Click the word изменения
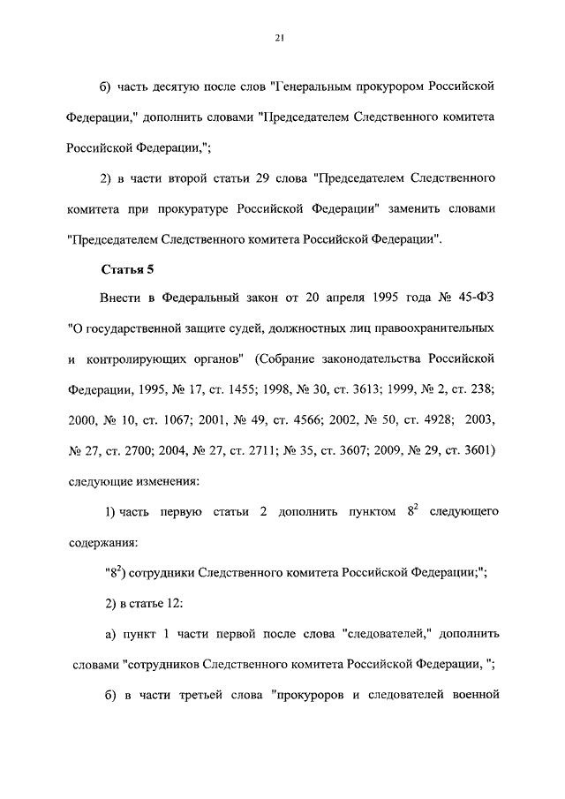pos(167,481)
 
